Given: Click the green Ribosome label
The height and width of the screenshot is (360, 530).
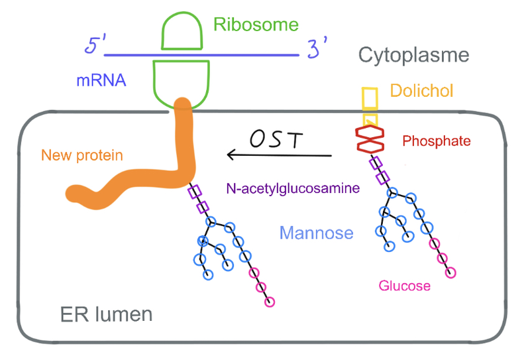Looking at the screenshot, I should (x=256, y=25).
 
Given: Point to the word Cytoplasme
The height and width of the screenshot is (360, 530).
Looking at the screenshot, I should (x=413, y=55).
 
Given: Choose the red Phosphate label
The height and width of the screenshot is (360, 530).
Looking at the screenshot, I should (x=436, y=141).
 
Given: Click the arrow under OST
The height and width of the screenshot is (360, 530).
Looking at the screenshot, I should (x=278, y=155).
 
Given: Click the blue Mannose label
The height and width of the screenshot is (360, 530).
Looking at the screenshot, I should (x=316, y=233).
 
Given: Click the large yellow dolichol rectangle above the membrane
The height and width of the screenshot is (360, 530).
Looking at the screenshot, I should (x=370, y=99).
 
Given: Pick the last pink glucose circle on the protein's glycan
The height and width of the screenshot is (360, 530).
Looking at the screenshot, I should (x=269, y=302).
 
